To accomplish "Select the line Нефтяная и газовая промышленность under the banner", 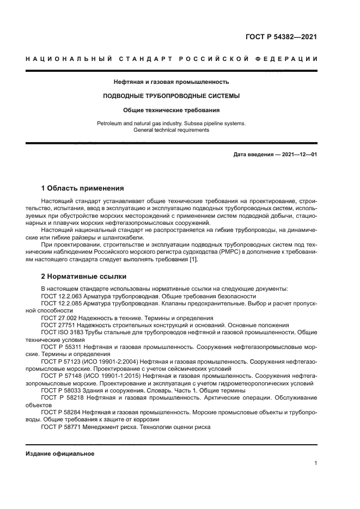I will click(171, 82).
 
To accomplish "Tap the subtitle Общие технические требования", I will click(171, 109).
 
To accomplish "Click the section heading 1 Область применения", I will click(82, 188).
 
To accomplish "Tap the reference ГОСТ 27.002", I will click(59, 317).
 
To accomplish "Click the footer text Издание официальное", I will click(60, 453).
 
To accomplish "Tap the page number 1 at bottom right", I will click(315, 463).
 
